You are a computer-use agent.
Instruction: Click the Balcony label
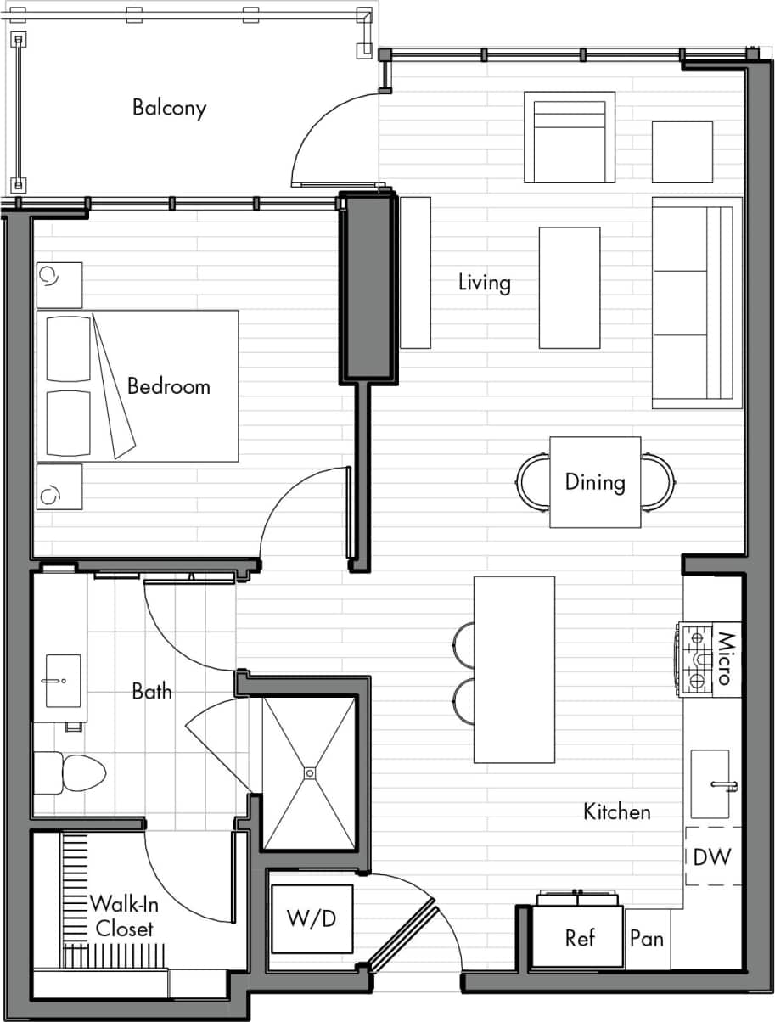[169, 109]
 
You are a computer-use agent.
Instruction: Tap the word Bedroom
[168, 386]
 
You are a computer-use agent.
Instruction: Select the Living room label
[485, 282]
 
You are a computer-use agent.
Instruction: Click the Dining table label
[595, 482]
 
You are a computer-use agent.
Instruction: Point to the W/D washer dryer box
[312, 918]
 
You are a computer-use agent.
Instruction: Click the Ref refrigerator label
[580, 938]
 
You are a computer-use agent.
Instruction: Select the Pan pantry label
[647, 939]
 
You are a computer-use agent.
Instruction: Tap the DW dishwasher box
[711, 856]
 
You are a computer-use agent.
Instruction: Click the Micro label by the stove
[725, 659]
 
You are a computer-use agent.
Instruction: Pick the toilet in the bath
[71, 772]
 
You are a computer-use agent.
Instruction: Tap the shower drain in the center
[310, 772]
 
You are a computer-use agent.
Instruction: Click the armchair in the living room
[569, 138]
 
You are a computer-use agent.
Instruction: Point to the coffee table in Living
[569, 287]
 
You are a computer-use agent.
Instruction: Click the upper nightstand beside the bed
[59, 284]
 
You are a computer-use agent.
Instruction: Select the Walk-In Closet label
[124, 916]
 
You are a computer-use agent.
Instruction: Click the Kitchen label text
[617, 812]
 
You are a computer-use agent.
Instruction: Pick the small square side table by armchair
[682, 151]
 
